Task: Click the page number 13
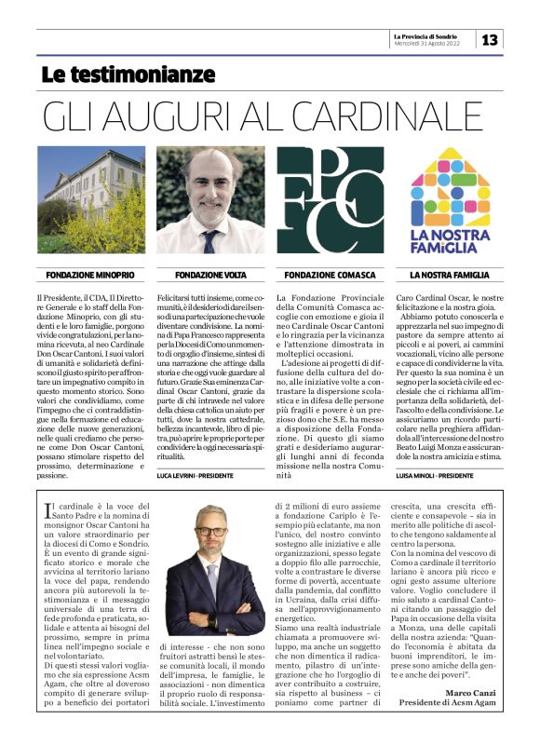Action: [490, 39]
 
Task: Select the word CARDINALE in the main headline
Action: [400, 116]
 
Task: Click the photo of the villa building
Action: [91, 200]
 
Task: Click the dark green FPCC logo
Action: [330, 200]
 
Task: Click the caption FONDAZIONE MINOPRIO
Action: [91, 276]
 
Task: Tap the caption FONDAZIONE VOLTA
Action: [210, 276]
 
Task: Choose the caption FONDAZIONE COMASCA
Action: [330, 276]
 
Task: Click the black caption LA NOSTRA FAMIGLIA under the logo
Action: [450, 276]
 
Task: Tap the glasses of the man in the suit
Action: [211, 532]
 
